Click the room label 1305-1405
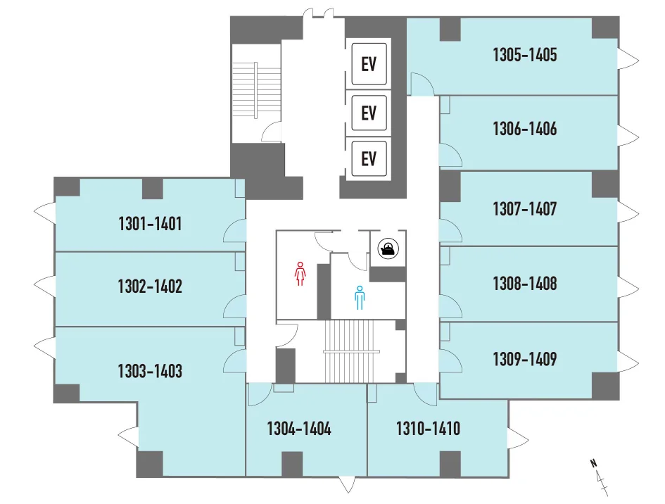(525, 55)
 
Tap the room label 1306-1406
(525, 129)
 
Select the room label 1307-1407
(525, 209)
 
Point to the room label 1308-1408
(525, 284)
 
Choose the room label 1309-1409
(525, 359)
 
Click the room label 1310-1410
(428, 429)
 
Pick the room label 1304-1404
(299, 429)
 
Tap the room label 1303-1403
(150, 371)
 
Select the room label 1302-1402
(150, 286)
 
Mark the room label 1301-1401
(150, 224)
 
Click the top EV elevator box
(369, 64)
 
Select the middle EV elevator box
(369, 113)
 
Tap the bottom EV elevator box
(369, 158)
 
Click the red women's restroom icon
(300, 274)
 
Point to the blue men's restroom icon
(360, 297)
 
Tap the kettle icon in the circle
(388, 248)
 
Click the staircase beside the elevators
(256, 90)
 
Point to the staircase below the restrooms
(351, 351)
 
